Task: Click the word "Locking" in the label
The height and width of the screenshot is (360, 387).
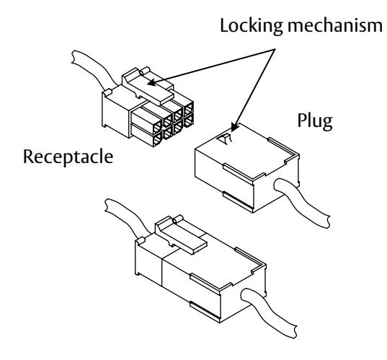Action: tap(252, 26)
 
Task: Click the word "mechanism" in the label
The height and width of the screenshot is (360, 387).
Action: tap(335, 26)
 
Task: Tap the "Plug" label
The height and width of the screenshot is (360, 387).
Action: tap(315, 121)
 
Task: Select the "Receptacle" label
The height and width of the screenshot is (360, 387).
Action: tap(68, 157)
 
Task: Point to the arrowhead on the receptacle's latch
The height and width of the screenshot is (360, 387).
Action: tap(152, 82)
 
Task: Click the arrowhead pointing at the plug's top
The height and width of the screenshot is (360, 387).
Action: tap(234, 127)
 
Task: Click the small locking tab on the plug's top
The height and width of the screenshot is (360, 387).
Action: tap(225, 139)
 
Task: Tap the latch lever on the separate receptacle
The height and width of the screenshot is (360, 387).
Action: tap(148, 86)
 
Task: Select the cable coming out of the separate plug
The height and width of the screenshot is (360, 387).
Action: tap(303, 202)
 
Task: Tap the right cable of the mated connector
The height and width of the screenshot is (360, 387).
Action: tap(269, 312)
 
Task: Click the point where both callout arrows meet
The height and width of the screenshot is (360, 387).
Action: tap(275, 49)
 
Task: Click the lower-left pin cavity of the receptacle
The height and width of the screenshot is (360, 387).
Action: tap(157, 140)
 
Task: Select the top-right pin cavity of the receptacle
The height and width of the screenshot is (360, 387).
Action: tap(189, 108)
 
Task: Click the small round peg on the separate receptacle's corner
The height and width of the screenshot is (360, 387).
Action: tap(107, 92)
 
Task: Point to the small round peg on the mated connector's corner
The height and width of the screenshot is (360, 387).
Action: tap(141, 240)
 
